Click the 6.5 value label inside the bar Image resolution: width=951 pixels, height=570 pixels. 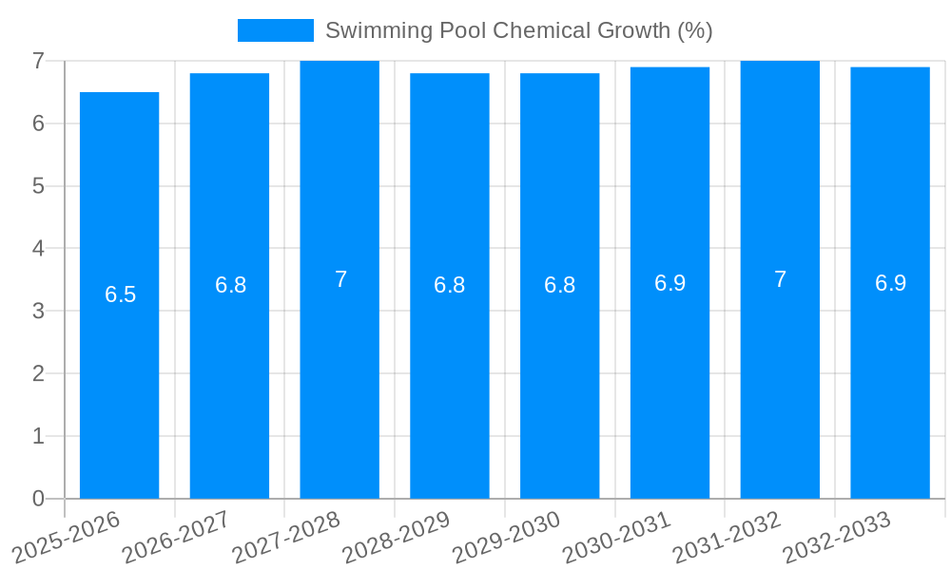click(121, 294)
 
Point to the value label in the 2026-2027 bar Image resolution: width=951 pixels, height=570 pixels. click(230, 285)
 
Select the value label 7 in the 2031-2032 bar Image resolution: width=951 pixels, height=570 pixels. click(780, 279)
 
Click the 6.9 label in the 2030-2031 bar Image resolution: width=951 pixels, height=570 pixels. click(670, 282)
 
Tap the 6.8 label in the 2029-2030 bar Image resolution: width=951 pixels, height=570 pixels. click(559, 285)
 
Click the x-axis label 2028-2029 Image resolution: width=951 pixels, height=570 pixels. click(396, 537)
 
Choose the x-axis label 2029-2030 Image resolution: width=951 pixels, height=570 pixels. click(506, 537)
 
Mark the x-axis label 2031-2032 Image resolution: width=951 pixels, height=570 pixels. click(727, 537)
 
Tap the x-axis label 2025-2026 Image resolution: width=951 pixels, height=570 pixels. click(67, 537)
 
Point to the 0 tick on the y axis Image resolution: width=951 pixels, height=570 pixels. click(38, 499)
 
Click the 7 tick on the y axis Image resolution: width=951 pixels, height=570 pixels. click(38, 61)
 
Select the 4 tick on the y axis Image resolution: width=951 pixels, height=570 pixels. click(38, 248)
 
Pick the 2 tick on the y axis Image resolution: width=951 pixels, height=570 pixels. click(38, 373)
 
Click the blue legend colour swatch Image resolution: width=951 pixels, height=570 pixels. click(275, 30)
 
